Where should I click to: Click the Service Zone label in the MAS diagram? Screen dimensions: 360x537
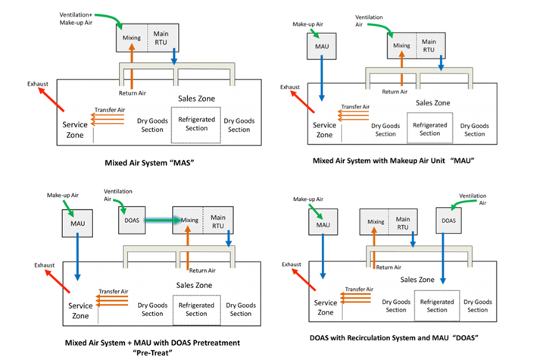click(74, 130)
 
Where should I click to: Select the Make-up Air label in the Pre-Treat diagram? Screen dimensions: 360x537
click(62, 195)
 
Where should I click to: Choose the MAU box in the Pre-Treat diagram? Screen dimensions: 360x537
click(76, 224)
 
